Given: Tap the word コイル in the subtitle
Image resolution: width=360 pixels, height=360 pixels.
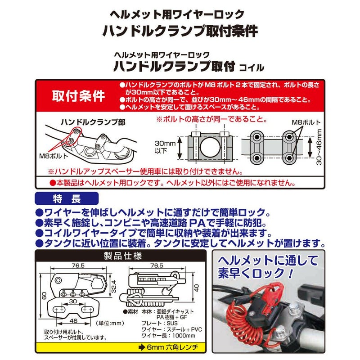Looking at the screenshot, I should click(252, 67).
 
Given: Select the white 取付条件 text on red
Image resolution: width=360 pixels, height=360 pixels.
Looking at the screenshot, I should click(79, 96).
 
